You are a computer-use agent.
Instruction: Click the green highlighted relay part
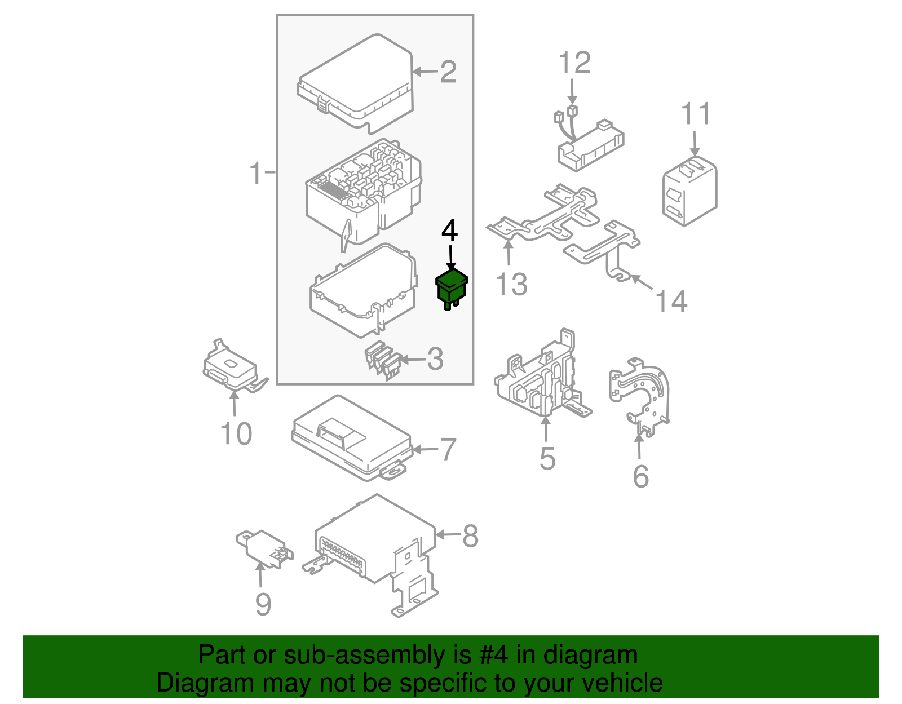[452, 287]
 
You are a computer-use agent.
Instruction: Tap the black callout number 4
[449, 231]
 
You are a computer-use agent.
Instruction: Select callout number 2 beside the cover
[448, 72]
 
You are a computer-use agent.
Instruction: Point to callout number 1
[256, 172]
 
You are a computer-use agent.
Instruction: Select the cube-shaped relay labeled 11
[689, 192]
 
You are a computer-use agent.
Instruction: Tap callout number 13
[511, 284]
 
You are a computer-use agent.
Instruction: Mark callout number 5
[547, 458]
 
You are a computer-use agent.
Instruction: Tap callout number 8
[470, 536]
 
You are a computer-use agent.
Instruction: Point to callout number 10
[236, 434]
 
